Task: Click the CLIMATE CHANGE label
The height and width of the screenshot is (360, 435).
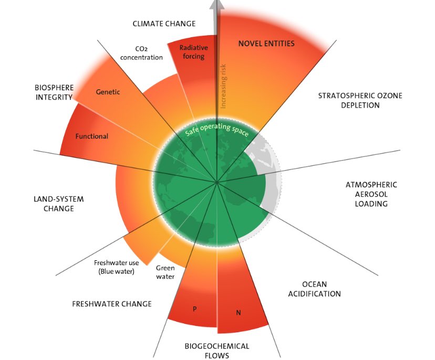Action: (164, 24)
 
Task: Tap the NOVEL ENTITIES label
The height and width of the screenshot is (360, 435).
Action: (266, 43)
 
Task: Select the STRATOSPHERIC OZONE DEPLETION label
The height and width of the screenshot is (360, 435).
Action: (353, 100)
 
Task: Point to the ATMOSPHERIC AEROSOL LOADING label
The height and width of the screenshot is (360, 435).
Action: (371, 194)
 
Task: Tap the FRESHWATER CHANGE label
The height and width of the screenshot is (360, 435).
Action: (111, 304)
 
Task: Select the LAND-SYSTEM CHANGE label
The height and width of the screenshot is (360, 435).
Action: (58, 204)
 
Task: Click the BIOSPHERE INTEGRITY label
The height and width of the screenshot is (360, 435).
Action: (54, 92)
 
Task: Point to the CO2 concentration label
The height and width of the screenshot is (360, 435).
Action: (141, 53)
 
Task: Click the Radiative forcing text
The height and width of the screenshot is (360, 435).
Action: (192, 51)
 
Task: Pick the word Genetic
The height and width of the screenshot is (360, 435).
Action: (108, 92)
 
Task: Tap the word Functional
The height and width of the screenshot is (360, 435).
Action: (91, 136)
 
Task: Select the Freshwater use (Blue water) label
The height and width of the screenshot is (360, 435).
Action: (115, 267)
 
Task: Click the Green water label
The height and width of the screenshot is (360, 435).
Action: (165, 272)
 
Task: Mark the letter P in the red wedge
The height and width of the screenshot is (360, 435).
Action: (194, 309)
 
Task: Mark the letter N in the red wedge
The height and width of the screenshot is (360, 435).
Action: (238, 313)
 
